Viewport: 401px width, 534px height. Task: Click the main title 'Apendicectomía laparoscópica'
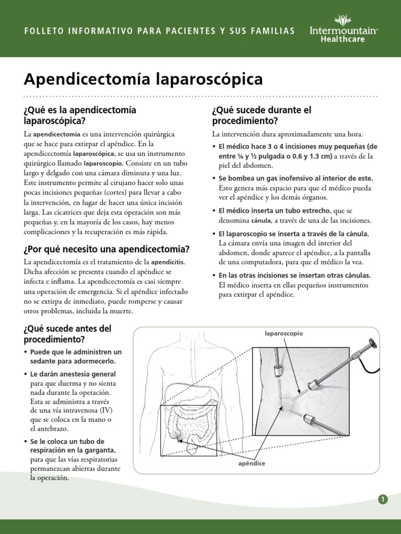(143, 80)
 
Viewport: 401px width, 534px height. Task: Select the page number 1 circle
(383, 499)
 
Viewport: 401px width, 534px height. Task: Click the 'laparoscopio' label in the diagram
(284, 333)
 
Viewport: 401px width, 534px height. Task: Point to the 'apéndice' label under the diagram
(252, 463)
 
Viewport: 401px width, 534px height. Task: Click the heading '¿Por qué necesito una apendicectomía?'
(107, 249)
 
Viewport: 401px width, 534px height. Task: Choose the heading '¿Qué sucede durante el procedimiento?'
(261, 115)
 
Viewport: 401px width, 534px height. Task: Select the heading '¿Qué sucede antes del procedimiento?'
(67, 334)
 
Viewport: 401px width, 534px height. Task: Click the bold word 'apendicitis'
(168, 261)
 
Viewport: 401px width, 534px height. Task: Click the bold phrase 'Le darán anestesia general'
(73, 374)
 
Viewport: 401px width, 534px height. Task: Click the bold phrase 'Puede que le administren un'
(76, 351)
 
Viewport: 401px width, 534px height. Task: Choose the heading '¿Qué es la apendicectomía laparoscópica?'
(79, 115)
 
